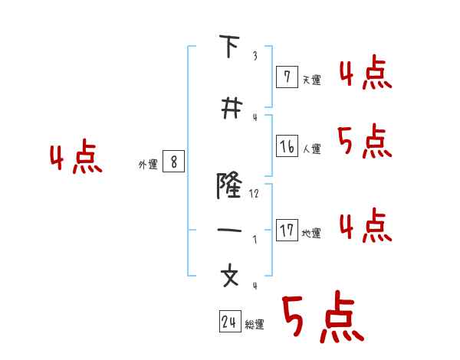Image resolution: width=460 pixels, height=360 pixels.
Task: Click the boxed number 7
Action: [x=286, y=76]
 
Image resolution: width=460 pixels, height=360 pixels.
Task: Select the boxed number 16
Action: [x=286, y=146]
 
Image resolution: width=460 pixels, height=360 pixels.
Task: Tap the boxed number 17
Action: [x=286, y=231]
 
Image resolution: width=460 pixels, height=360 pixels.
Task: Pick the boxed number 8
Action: [x=174, y=162]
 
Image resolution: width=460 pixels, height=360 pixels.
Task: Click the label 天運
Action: [x=312, y=79]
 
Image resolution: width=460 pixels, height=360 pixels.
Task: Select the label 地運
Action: [x=312, y=234]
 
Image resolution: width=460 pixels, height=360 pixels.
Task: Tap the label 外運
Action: [x=148, y=164]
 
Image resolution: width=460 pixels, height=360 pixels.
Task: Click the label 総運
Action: [x=255, y=325]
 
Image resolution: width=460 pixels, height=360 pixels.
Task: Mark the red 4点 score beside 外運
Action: [x=76, y=158]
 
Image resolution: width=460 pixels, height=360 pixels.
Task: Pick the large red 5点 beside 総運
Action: [x=322, y=319]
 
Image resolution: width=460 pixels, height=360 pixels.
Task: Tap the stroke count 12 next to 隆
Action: [x=254, y=194]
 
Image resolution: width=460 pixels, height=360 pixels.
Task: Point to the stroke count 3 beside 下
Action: [x=255, y=55]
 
